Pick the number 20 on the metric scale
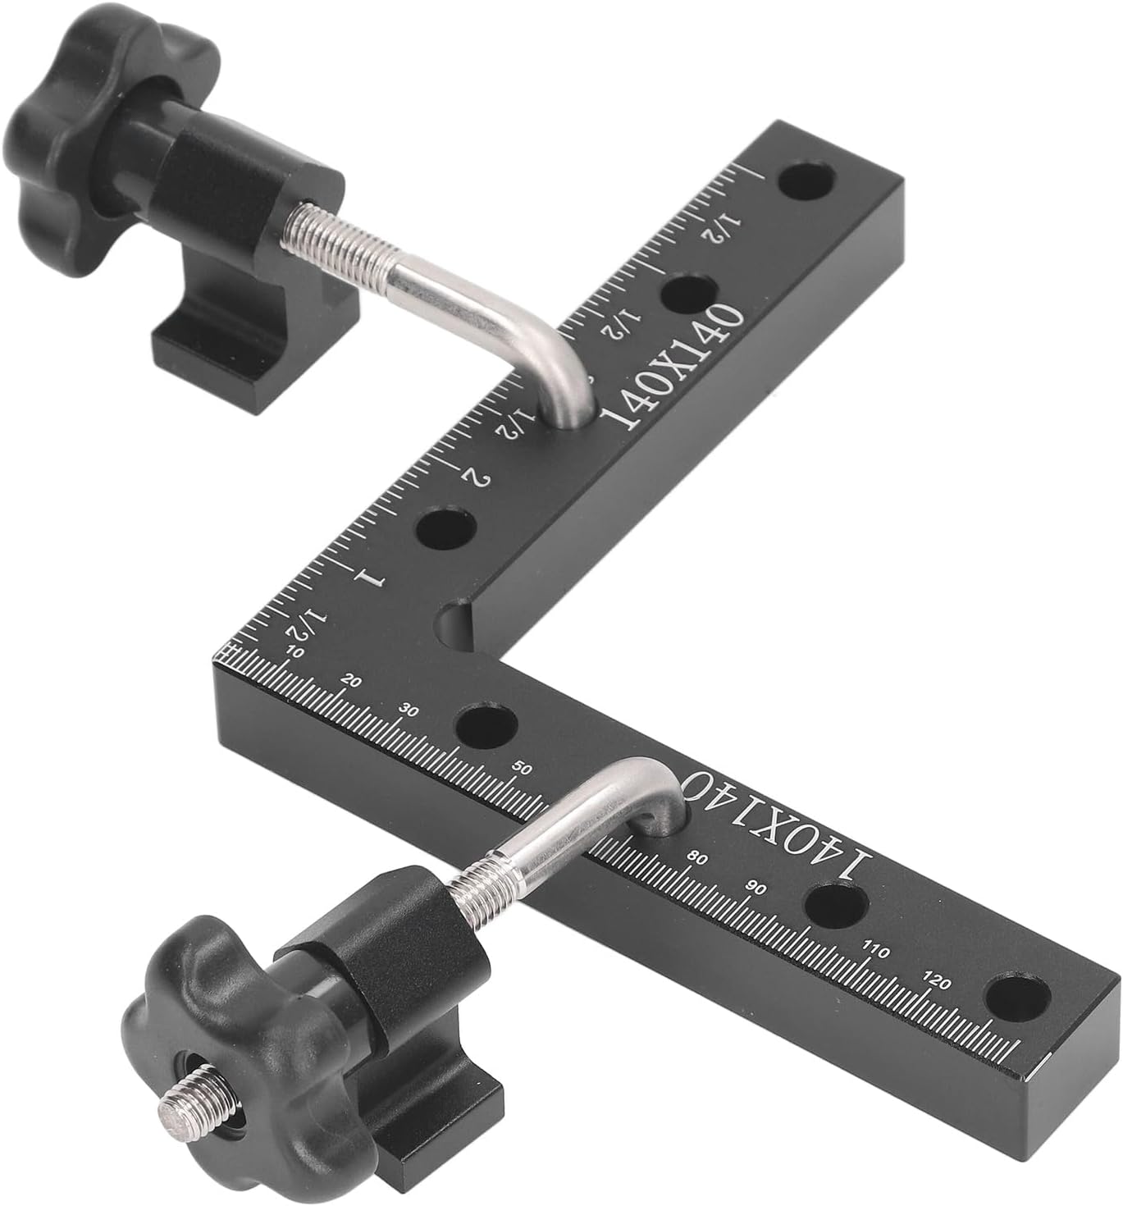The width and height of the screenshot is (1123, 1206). coord(352,681)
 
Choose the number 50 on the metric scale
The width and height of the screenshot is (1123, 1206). coord(523,769)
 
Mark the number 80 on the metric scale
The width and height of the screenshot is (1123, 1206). coord(696,858)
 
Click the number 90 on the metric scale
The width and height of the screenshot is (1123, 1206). coord(756,889)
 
